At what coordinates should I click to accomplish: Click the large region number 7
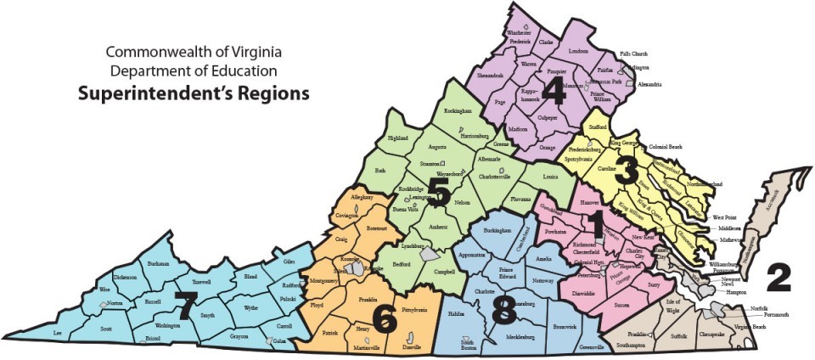[x=185, y=301]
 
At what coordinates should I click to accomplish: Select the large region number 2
[x=778, y=278]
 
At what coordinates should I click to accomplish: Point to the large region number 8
[x=503, y=312]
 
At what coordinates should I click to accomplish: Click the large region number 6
[x=383, y=318]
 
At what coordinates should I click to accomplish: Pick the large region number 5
[x=439, y=192]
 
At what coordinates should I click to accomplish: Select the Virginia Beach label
[x=749, y=327]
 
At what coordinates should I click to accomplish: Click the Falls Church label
[x=657, y=53]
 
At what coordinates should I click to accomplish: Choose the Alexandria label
[x=650, y=85]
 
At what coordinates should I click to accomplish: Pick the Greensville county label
[x=593, y=347]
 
